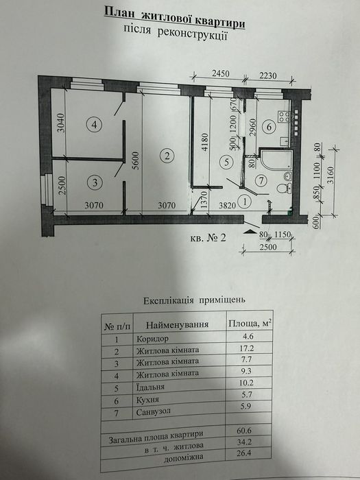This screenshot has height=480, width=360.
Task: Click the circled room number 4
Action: pyautogui.click(x=95, y=125)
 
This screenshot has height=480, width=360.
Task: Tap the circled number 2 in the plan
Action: pyautogui.click(x=167, y=156)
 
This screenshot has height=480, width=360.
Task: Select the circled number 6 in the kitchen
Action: pyautogui.click(x=269, y=126)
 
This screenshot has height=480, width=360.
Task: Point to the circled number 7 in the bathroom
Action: pyautogui.click(x=261, y=181)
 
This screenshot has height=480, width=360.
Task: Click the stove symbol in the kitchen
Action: pyautogui.click(x=284, y=117)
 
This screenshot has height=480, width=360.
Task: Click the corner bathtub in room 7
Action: pyautogui.click(x=276, y=159)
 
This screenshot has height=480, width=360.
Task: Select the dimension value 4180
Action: pyautogui.click(x=205, y=141)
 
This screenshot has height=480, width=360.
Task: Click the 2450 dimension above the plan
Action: pyautogui.click(x=219, y=74)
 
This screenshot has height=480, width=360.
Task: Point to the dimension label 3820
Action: pyautogui.click(x=226, y=206)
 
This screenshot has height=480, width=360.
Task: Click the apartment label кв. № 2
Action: pyautogui.click(x=208, y=237)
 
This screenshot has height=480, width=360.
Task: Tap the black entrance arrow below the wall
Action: pyautogui.click(x=251, y=232)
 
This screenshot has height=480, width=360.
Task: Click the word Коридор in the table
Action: pyautogui.click(x=152, y=339)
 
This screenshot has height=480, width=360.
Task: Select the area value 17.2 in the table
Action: pyautogui.click(x=247, y=348)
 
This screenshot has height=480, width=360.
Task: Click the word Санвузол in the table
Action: pyautogui.click(x=154, y=411)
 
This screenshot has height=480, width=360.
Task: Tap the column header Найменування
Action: pyautogui.click(x=177, y=324)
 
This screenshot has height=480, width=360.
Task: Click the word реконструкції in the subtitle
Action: pyautogui.click(x=192, y=33)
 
